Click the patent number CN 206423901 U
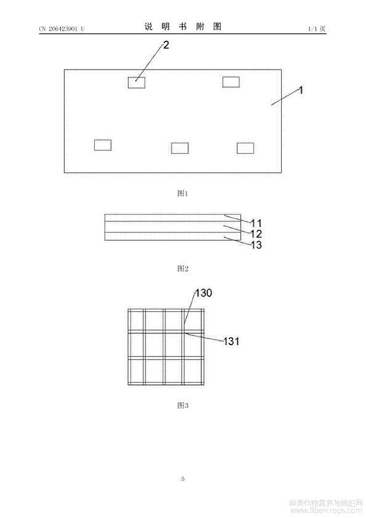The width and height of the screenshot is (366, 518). (62, 29)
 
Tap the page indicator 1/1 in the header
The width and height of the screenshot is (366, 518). (312, 29)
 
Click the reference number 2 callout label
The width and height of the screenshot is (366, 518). (166, 45)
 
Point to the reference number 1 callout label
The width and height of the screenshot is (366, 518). (301, 90)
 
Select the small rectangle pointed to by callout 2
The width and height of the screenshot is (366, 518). (137, 82)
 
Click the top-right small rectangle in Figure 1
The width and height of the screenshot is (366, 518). (231, 82)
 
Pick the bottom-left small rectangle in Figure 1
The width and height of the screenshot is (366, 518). (102, 145)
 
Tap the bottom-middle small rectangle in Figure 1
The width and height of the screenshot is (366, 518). (180, 148)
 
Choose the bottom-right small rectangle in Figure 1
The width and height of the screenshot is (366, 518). (245, 148)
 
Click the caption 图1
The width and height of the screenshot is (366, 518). (183, 193)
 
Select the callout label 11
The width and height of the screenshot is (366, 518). (257, 223)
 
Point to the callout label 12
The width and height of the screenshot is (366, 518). (257, 234)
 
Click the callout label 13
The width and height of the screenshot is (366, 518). (257, 245)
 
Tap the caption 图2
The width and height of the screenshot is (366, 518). (183, 268)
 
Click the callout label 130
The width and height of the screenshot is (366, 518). (204, 293)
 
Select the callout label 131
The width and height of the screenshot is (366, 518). (231, 341)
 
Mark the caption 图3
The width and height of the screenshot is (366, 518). (183, 405)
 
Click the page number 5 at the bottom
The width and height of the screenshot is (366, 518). (183, 479)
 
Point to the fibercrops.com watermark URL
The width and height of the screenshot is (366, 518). (325, 511)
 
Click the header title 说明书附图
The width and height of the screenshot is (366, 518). (183, 26)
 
